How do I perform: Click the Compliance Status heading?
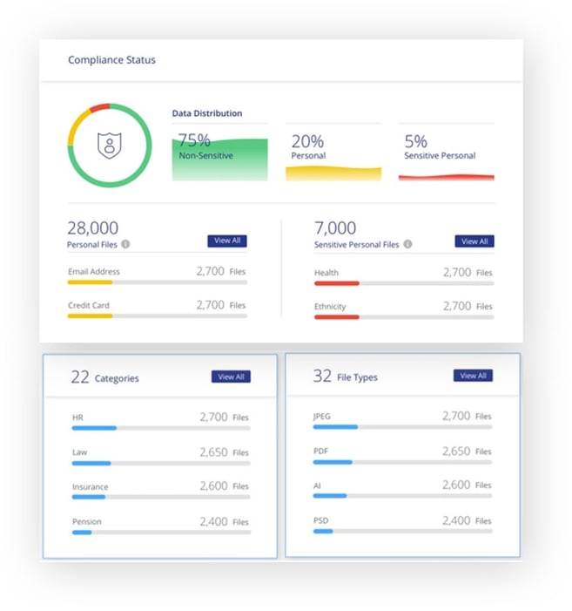pos(111,60)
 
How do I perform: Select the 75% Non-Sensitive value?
pos(194,140)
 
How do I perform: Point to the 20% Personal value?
pos(307,140)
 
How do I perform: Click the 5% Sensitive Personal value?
pos(415,140)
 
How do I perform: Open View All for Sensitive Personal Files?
pos(474,241)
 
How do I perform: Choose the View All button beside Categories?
pos(231,377)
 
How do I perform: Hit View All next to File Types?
pos(473,376)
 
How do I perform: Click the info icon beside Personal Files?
pos(125,245)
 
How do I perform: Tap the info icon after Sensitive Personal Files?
pos(407,245)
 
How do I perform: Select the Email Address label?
pos(94,272)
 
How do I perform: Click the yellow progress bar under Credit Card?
pos(91,316)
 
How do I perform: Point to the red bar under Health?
pos(336,283)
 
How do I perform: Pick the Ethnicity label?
pos(330,307)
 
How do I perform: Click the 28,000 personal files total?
pos(93,228)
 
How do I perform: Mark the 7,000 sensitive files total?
pos(335,228)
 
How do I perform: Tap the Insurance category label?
pos(91,487)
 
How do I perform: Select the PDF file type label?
pos(320,451)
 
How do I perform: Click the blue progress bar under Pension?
pos(82,532)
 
